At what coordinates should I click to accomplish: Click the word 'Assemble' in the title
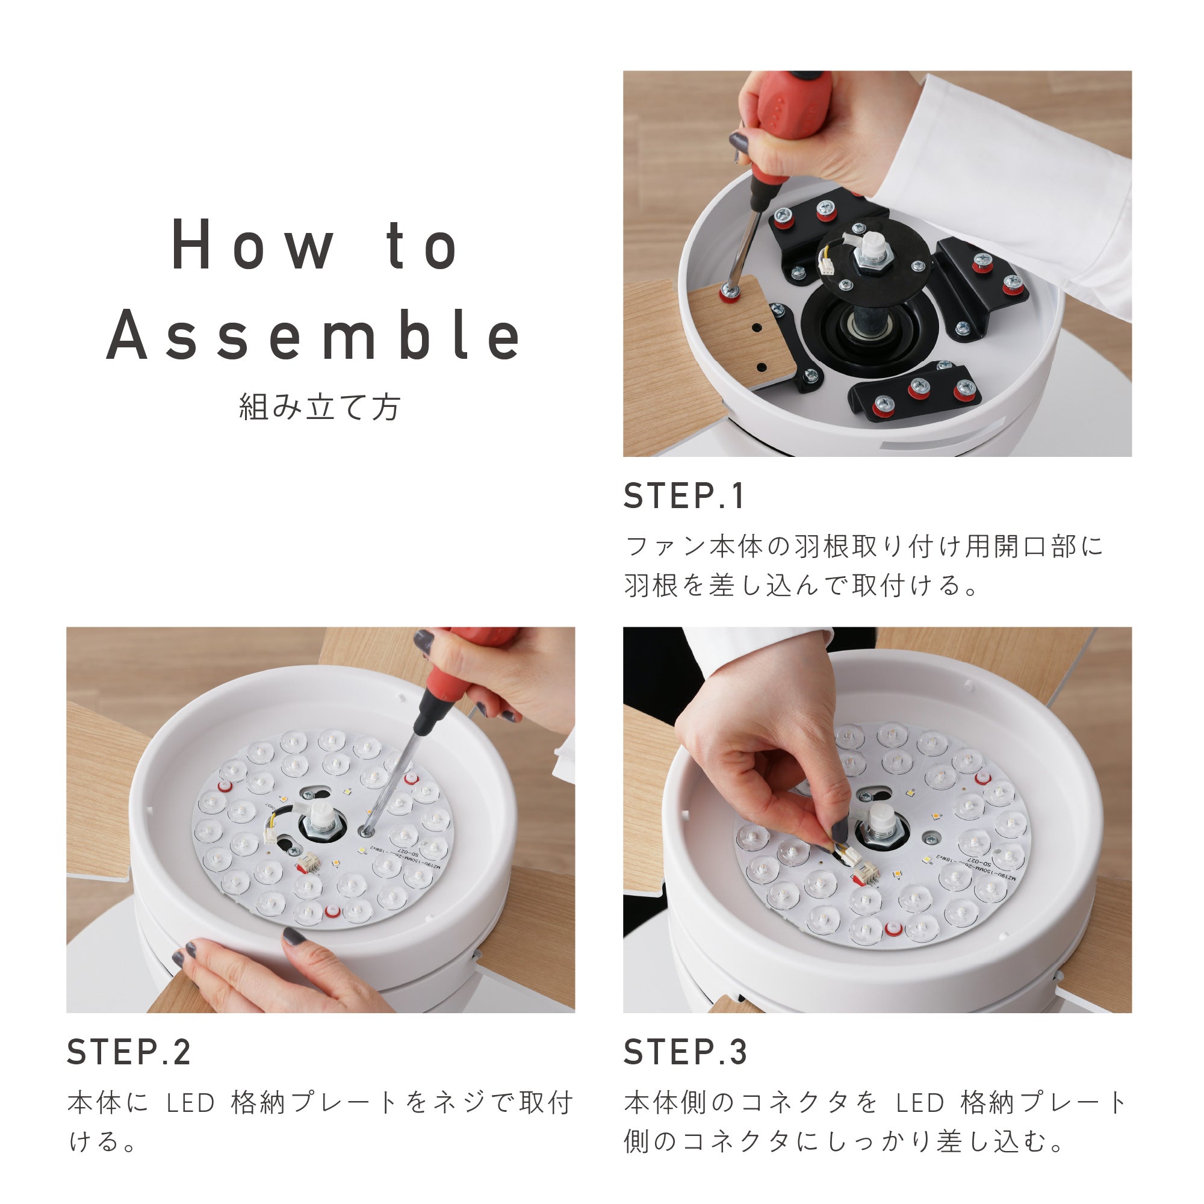click(314, 337)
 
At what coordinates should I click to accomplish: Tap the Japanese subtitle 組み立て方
click(319, 408)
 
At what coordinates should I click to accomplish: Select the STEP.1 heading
click(684, 497)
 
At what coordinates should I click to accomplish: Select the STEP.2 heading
click(128, 1052)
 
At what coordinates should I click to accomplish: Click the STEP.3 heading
click(685, 1052)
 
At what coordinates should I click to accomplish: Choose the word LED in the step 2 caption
click(191, 1103)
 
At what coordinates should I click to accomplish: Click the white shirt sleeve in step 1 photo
click(1022, 187)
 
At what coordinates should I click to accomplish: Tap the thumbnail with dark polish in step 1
click(739, 143)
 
